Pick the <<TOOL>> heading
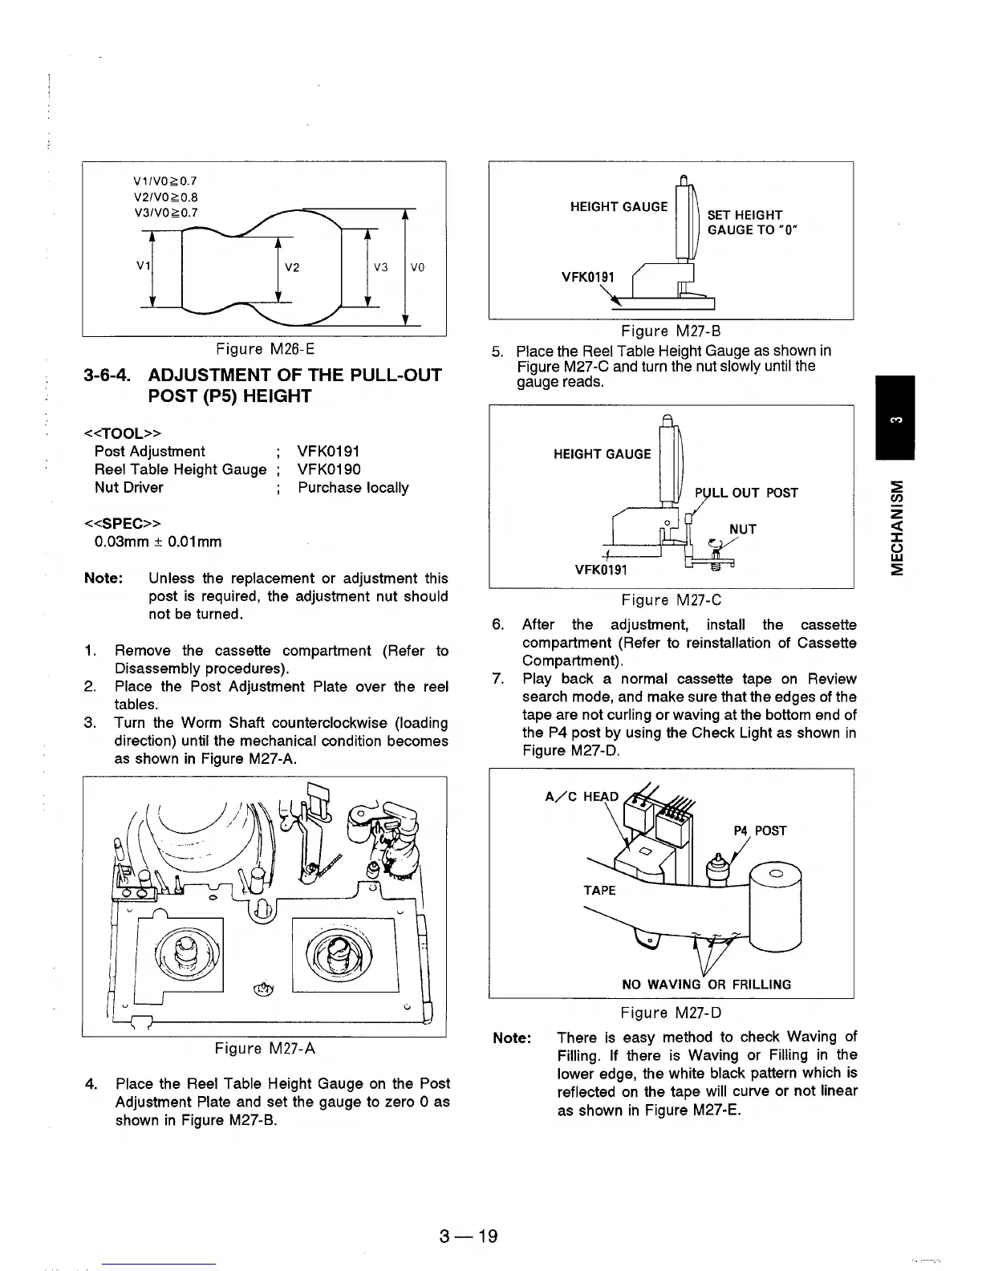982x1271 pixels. click(116, 434)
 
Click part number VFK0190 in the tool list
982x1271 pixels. click(329, 469)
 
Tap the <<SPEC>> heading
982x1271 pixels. click(116, 523)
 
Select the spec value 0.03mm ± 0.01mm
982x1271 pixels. click(158, 542)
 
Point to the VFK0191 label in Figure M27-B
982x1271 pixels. click(587, 278)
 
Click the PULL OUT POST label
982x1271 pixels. click(746, 493)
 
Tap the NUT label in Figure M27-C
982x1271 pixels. click(742, 530)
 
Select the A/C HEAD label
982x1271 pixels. click(582, 797)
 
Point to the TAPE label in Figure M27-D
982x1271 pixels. click(599, 891)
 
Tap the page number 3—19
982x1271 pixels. click(469, 1236)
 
